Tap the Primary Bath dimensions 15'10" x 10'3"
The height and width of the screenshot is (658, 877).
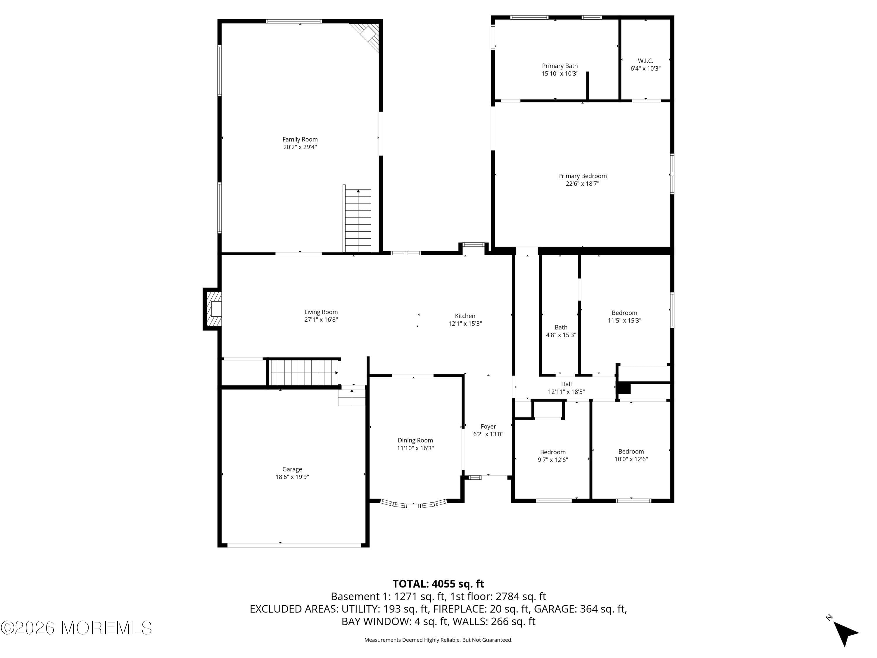point(560,74)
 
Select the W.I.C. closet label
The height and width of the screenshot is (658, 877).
point(645,61)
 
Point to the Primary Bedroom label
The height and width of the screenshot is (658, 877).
point(582,176)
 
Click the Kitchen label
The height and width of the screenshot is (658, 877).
point(465,316)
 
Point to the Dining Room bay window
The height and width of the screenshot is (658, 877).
point(414,505)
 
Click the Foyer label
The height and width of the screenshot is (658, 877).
point(488,426)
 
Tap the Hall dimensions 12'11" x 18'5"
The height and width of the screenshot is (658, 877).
point(566,392)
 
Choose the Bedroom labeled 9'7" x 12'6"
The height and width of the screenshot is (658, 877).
point(553,456)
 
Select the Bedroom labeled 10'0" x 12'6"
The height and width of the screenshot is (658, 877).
point(631,455)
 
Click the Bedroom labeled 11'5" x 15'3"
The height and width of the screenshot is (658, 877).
point(624,316)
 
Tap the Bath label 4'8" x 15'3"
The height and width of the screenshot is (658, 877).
point(561,331)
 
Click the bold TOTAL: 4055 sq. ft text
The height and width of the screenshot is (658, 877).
point(438,584)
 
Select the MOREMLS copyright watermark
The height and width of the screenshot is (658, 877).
point(76,628)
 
